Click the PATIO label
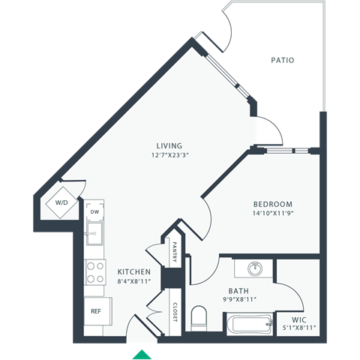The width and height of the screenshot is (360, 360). tap(282, 60)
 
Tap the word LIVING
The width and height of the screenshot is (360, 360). tap(169, 145)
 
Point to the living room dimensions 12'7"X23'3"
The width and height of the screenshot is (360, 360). tap(169, 156)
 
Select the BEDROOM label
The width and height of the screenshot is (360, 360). tap(272, 204)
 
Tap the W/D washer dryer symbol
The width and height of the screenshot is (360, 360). tap(59, 202)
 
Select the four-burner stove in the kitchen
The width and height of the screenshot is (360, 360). tap(94, 271)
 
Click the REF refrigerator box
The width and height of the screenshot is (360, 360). tap(97, 310)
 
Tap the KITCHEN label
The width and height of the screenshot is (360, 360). tap(134, 271)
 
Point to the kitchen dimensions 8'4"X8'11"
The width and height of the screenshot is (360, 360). tap(134, 281)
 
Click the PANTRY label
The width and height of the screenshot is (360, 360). tap(173, 253)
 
